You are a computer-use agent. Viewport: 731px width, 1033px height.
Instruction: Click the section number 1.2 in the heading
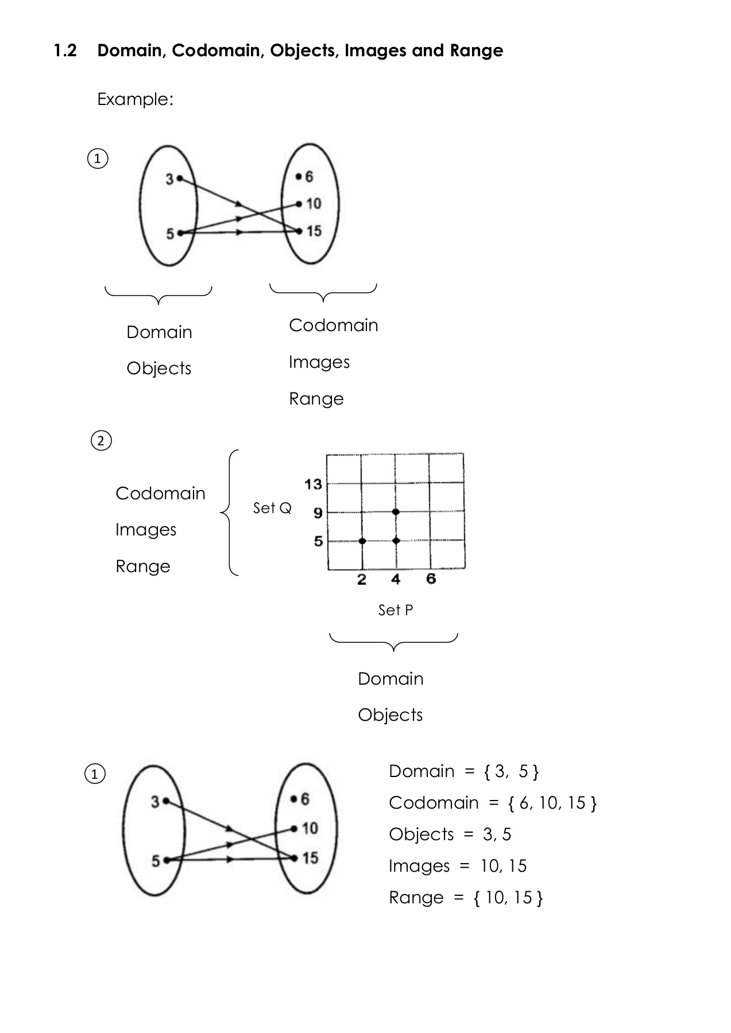[65, 51]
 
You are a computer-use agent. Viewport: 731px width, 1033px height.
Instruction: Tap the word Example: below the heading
[135, 100]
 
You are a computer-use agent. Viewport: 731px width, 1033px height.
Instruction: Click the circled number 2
[101, 441]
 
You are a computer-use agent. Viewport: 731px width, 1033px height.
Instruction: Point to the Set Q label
[272, 508]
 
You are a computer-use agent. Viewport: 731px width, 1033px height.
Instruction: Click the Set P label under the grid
[395, 610]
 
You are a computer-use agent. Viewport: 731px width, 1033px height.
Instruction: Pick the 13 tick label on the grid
[313, 484]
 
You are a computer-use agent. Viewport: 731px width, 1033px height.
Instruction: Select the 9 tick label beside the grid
[318, 512]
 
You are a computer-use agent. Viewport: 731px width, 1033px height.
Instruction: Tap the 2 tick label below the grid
[361, 580]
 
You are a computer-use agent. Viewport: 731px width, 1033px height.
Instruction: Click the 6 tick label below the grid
[431, 579]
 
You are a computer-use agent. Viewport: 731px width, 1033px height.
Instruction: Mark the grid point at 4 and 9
[396, 511]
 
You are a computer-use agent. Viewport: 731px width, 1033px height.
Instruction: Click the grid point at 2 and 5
[362, 541]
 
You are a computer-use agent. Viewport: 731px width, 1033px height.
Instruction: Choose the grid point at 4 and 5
[396, 541]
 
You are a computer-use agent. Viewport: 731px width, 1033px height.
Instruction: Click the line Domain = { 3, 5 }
[463, 771]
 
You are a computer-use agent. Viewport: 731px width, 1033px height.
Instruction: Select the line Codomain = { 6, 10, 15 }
[493, 803]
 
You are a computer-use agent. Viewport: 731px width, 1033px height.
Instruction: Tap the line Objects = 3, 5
[450, 834]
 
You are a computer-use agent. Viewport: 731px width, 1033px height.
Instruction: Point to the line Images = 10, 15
[457, 866]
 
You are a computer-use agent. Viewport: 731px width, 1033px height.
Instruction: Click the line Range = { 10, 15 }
[465, 898]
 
